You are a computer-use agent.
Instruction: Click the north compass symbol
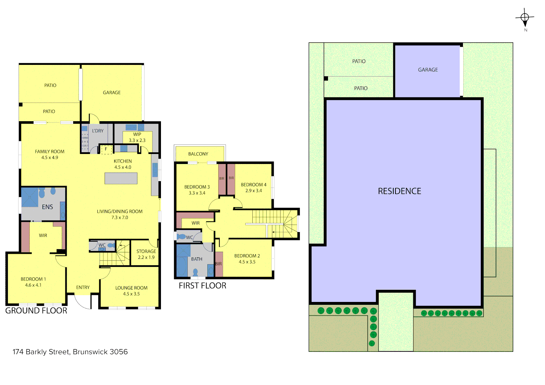(525, 18)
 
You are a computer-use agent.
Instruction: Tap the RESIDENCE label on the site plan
(399, 191)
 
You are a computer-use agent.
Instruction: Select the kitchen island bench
(121, 178)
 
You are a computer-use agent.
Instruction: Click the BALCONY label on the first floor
(198, 154)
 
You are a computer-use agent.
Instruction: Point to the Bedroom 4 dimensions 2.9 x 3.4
(253, 191)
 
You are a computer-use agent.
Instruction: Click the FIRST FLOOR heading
(202, 286)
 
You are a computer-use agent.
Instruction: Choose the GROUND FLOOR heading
(36, 311)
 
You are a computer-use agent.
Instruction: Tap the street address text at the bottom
(70, 352)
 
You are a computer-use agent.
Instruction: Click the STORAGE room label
(146, 251)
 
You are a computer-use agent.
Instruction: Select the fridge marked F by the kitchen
(106, 149)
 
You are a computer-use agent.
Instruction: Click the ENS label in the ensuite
(47, 207)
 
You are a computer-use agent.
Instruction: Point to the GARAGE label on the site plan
(428, 70)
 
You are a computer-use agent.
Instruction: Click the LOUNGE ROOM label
(131, 288)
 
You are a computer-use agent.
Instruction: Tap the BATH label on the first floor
(197, 259)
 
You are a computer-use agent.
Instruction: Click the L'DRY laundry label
(97, 131)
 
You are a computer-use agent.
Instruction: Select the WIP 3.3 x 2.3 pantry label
(137, 137)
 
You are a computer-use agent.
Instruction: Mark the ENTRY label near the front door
(83, 287)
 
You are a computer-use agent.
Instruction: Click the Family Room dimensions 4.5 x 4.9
(50, 158)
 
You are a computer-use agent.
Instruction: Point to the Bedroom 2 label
(247, 256)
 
